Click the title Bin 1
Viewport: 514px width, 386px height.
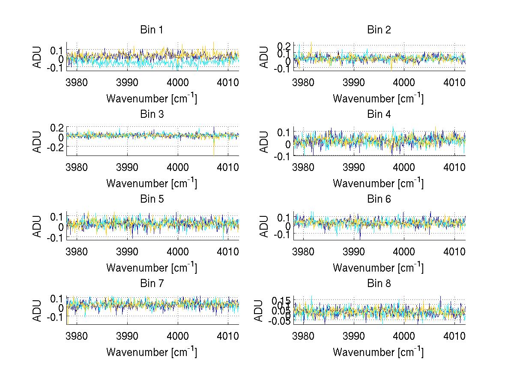click(x=152, y=30)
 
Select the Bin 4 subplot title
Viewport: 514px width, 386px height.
click(x=379, y=114)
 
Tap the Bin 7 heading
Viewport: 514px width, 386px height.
click(x=152, y=284)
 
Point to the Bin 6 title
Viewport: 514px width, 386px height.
click(x=379, y=199)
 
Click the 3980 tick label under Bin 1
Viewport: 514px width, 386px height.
click(x=77, y=82)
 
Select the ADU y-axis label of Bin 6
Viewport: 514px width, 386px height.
click(x=265, y=226)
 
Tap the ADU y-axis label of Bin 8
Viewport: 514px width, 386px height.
click(x=259, y=311)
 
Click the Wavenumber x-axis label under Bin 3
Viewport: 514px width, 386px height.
click(x=152, y=183)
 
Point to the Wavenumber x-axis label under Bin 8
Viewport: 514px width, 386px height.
click(x=378, y=352)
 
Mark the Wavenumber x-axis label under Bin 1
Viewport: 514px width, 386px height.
click(x=152, y=99)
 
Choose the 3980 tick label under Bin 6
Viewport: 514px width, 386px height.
click(x=304, y=251)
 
